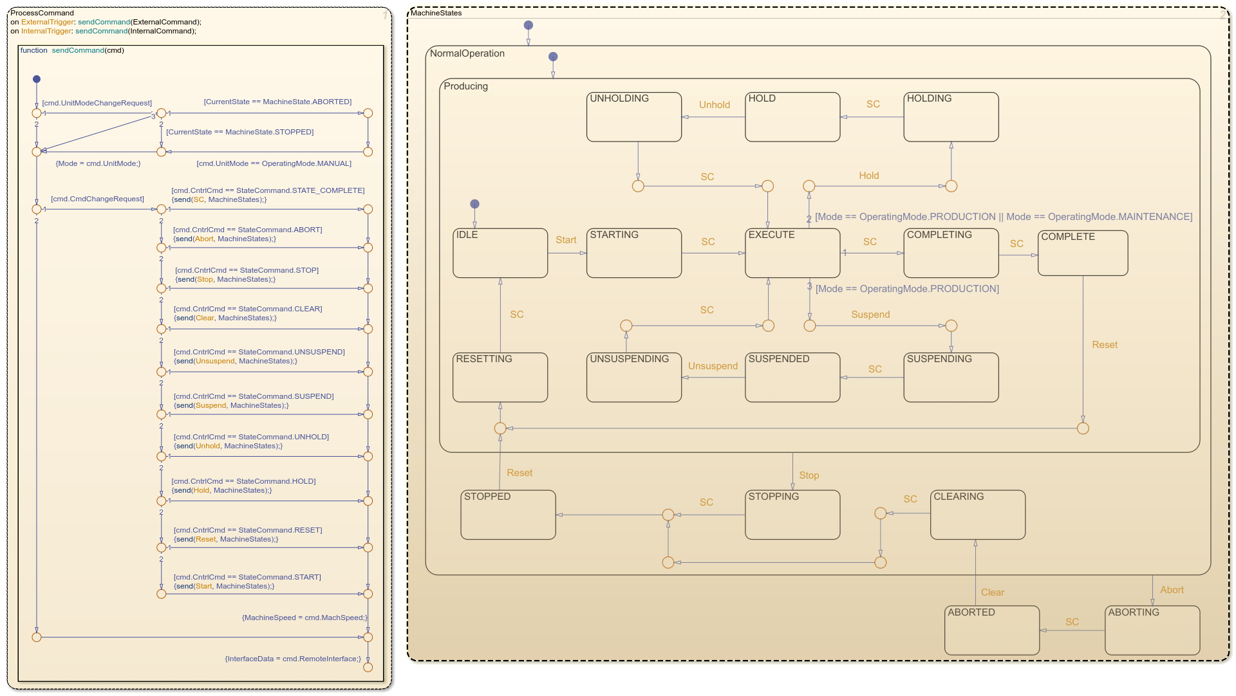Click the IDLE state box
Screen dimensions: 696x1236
click(500, 253)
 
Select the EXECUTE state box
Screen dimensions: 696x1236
click(792, 253)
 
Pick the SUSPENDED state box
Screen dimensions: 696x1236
click(792, 378)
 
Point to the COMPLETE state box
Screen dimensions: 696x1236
click(1083, 253)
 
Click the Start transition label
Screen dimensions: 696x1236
click(566, 240)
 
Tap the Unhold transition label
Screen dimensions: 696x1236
click(715, 105)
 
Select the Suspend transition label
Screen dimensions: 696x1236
click(870, 315)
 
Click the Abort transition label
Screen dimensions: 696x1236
click(1172, 590)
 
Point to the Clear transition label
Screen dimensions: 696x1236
click(992, 592)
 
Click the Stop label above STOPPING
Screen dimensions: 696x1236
click(809, 475)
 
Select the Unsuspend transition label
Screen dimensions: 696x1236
click(713, 366)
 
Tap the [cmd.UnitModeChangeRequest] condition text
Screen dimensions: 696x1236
click(97, 103)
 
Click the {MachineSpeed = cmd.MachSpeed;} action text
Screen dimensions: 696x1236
click(304, 618)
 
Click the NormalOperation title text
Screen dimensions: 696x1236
click(467, 53)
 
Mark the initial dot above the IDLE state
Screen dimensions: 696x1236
click(474, 204)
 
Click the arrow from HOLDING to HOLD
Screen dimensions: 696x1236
click(872, 117)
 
